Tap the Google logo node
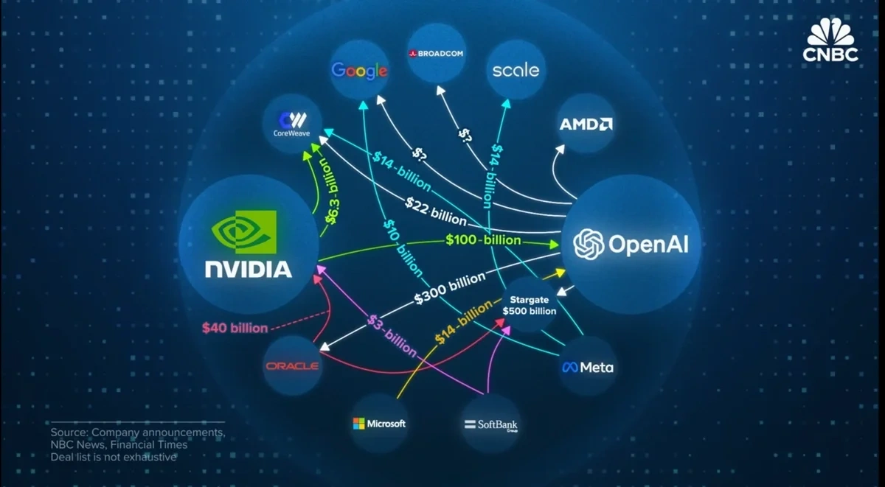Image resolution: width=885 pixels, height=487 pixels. pos(359,70)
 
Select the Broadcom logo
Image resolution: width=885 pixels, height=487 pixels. pos(435,54)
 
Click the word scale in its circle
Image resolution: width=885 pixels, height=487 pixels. pos(516,71)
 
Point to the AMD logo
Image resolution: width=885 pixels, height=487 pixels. pos(586,124)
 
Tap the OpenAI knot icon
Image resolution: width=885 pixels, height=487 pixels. pos(589,244)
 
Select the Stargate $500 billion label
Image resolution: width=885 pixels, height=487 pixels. pos(529,305)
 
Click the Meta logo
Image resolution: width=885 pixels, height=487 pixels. pos(587,367)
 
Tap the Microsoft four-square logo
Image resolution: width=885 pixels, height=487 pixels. pos(359,424)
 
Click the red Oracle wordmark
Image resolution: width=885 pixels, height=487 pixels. pos(292,366)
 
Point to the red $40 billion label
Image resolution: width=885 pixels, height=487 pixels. pos(235,328)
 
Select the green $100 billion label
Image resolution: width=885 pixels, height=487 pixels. pos(483,241)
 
